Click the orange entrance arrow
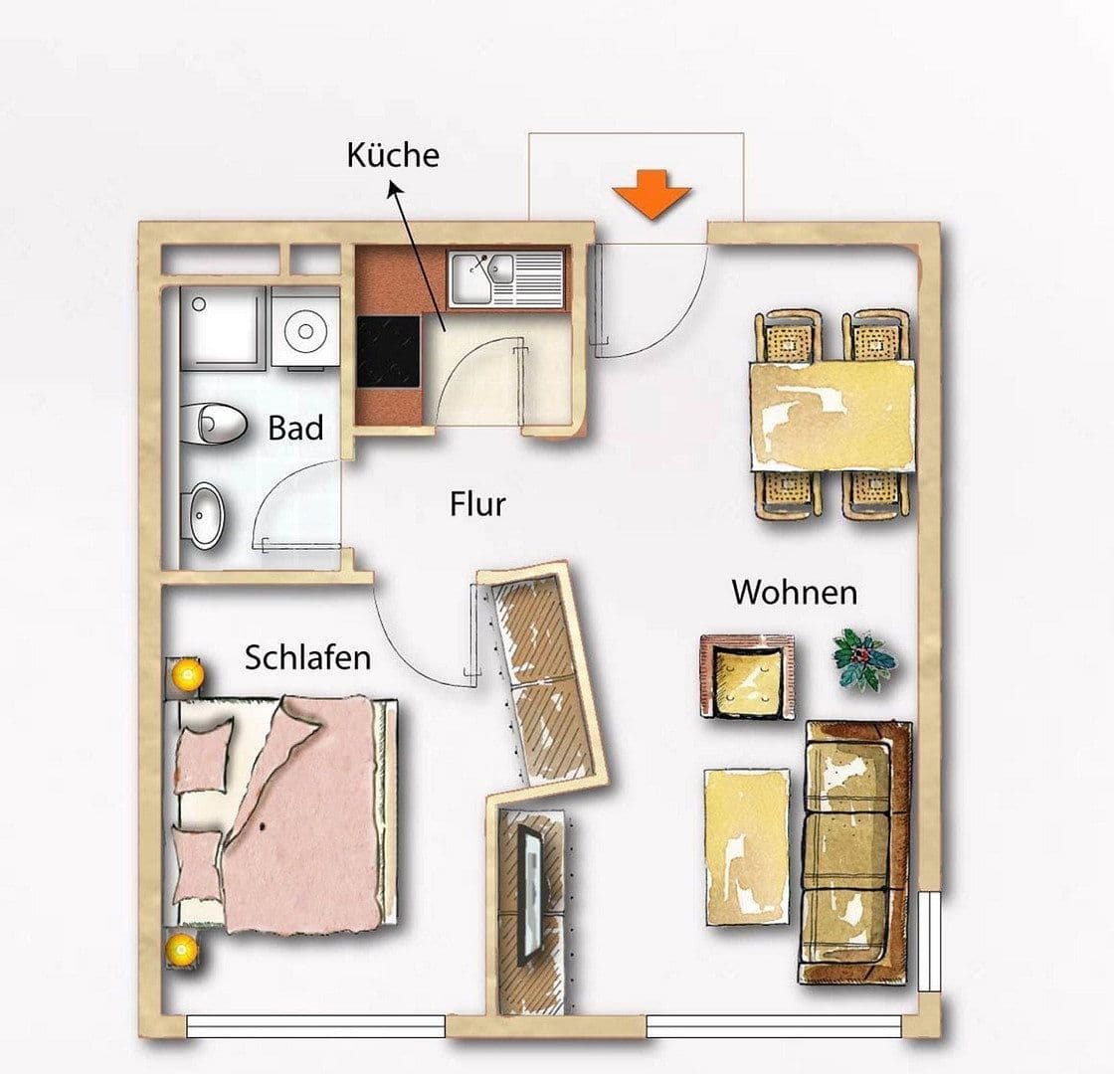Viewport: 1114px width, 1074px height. click(x=650, y=194)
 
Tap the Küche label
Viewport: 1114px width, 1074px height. click(x=393, y=156)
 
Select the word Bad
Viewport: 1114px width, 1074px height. click(x=295, y=429)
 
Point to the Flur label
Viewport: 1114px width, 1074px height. click(x=477, y=504)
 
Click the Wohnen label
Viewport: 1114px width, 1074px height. click(x=794, y=593)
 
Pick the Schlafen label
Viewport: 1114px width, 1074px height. click(x=307, y=657)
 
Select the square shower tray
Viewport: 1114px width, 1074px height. click(x=222, y=325)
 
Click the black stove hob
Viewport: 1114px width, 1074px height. click(x=389, y=351)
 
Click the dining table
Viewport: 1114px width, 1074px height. click(x=833, y=415)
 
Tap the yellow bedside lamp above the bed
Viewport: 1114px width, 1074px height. click(x=186, y=675)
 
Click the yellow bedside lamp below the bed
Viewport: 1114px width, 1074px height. click(x=183, y=949)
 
